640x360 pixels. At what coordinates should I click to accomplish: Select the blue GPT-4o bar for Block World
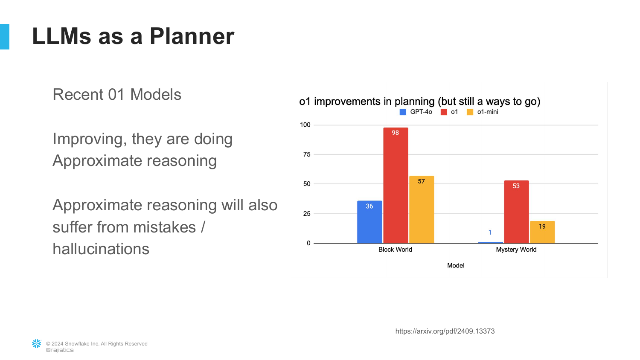pos(369,222)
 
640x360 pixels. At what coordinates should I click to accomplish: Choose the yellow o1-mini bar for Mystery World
pos(542,232)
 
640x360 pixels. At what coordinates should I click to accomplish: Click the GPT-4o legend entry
pos(416,112)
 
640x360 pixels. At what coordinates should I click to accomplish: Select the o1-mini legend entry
pos(483,112)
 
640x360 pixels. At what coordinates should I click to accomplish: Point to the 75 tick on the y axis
pos(307,154)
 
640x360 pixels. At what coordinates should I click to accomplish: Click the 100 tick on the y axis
pos(305,125)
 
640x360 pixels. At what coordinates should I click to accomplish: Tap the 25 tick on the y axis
pos(307,214)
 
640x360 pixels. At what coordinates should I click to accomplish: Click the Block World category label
pos(395,250)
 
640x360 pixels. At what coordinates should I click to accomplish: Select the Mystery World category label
pos(516,250)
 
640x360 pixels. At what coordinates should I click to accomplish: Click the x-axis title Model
pos(456,265)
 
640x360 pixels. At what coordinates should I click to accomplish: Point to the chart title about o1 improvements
pos(419,102)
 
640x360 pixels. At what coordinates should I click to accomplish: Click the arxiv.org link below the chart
pos(445,331)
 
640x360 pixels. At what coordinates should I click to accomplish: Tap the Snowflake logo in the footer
pos(37,344)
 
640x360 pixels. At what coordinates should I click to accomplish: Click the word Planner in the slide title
pos(192,36)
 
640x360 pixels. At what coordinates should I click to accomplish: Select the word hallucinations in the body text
pos(101,249)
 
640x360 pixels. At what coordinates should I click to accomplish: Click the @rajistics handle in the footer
pos(60,350)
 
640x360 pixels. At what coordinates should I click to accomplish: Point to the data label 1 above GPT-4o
pos(490,232)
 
